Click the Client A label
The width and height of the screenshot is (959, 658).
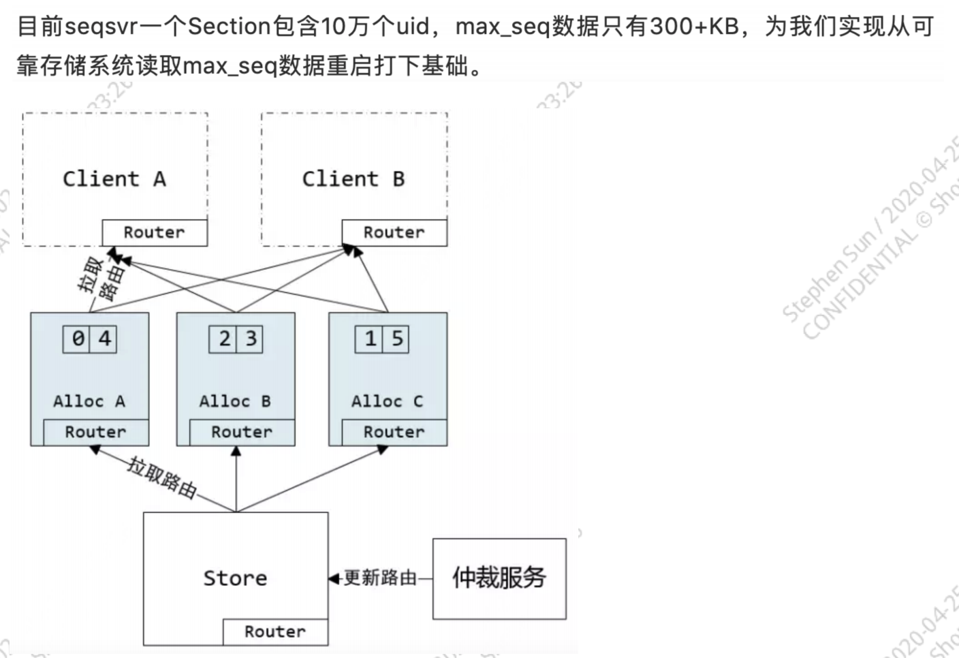point(114,178)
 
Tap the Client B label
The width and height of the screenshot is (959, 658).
point(353,178)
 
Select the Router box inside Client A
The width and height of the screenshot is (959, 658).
point(155,232)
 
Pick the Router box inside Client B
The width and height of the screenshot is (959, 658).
point(394,232)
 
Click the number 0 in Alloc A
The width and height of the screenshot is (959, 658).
point(77,339)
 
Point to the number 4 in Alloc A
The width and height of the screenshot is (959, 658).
point(104,339)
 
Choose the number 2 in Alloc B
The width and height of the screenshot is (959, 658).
point(224,339)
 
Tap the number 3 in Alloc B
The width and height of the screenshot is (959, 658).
point(251,339)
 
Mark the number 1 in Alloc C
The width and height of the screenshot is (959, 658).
point(370,339)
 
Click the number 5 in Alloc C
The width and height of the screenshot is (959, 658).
point(396,339)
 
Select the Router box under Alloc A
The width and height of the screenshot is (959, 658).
point(96,432)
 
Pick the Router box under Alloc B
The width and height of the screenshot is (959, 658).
point(242,432)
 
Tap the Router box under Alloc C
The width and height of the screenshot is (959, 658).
point(394,432)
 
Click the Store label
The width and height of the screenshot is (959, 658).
point(235,578)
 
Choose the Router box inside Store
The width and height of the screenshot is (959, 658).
point(275,631)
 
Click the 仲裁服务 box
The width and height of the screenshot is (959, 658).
point(499,578)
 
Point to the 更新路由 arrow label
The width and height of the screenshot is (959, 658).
point(380,578)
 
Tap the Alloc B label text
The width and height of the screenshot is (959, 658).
point(235,401)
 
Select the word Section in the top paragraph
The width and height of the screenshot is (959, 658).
point(229,27)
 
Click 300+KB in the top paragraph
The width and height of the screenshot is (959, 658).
point(694,27)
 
